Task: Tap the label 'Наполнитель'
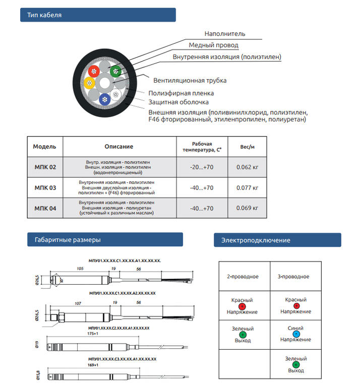(x=225, y=34)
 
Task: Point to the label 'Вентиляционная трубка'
(x=190, y=81)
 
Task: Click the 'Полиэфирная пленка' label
(x=181, y=93)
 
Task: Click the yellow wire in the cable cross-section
(x=90, y=83)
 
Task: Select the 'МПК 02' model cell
(x=45, y=167)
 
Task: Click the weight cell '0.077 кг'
(x=248, y=187)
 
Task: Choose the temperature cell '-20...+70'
(x=202, y=167)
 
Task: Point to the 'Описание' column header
(x=119, y=147)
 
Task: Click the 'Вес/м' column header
(x=248, y=147)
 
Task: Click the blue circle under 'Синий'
(x=296, y=334)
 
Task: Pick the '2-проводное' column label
(x=243, y=277)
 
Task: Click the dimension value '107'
(x=78, y=303)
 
